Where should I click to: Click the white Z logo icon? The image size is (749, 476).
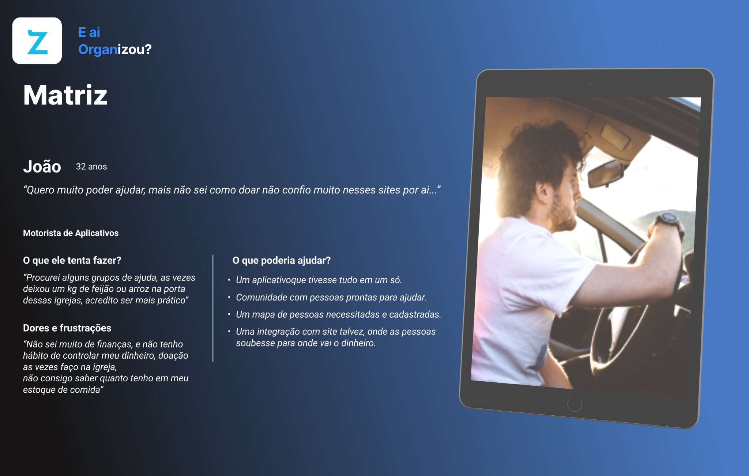[37, 41]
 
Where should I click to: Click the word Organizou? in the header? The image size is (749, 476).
[115, 49]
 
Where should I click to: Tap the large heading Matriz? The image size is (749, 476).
[65, 95]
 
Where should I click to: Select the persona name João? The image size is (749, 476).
[42, 166]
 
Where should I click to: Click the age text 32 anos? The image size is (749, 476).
[91, 167]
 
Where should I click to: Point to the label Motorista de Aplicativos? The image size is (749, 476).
[71, 233]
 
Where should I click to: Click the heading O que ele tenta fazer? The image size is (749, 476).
[72, 260]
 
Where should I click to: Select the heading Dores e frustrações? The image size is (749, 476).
[67, 328]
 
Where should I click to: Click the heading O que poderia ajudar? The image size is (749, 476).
[282, 260]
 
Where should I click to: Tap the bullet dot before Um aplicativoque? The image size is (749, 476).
[229, 280]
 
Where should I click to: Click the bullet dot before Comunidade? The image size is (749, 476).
[229, 298]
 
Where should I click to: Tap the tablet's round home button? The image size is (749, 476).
[575, 404]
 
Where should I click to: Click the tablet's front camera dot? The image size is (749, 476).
[591, 83]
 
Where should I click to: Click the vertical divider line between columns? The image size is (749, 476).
[213, 308]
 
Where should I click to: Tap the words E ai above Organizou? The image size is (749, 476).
[89, 32]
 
